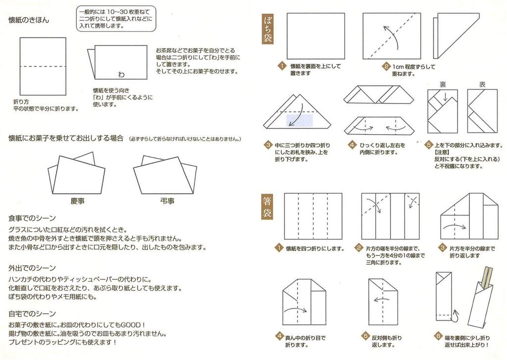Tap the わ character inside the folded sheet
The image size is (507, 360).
pos(121,74)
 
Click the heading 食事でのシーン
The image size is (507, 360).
pos(32,218)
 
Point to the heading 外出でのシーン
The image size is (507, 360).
pos(32,267)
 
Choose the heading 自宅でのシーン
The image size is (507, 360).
pos(32,313)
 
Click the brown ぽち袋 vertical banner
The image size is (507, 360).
pos(268,29)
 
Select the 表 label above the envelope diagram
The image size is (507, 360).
pos(482,85)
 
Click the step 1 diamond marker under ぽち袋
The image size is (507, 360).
pos(281,66)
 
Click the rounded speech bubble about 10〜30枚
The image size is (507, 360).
pos(115,18)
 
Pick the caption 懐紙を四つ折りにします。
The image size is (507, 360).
pos(315,249)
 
